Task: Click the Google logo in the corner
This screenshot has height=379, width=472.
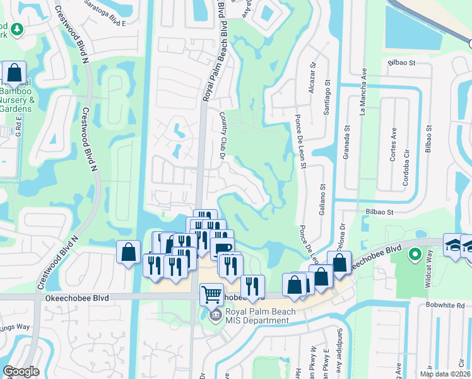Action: point(21,371)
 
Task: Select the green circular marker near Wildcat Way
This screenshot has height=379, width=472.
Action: point(415,255)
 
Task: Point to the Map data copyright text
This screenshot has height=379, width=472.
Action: point(445,374)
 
